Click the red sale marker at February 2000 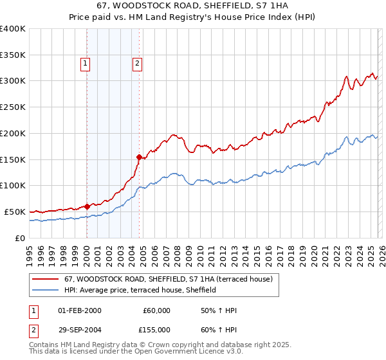point(87,206)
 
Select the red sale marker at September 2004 point(139,156)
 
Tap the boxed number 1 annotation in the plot point(86,63)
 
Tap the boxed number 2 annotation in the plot point(138,63)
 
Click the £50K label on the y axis point(15,212)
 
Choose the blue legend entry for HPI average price point(140,290)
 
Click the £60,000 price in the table point(156,310)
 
